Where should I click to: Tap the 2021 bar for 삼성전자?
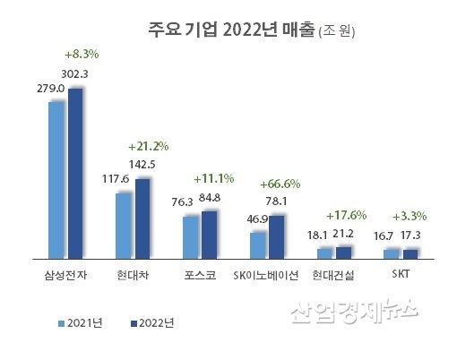click(56, 179)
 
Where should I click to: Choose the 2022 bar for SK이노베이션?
click(276, 236)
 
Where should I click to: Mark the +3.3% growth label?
click(409, 217)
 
